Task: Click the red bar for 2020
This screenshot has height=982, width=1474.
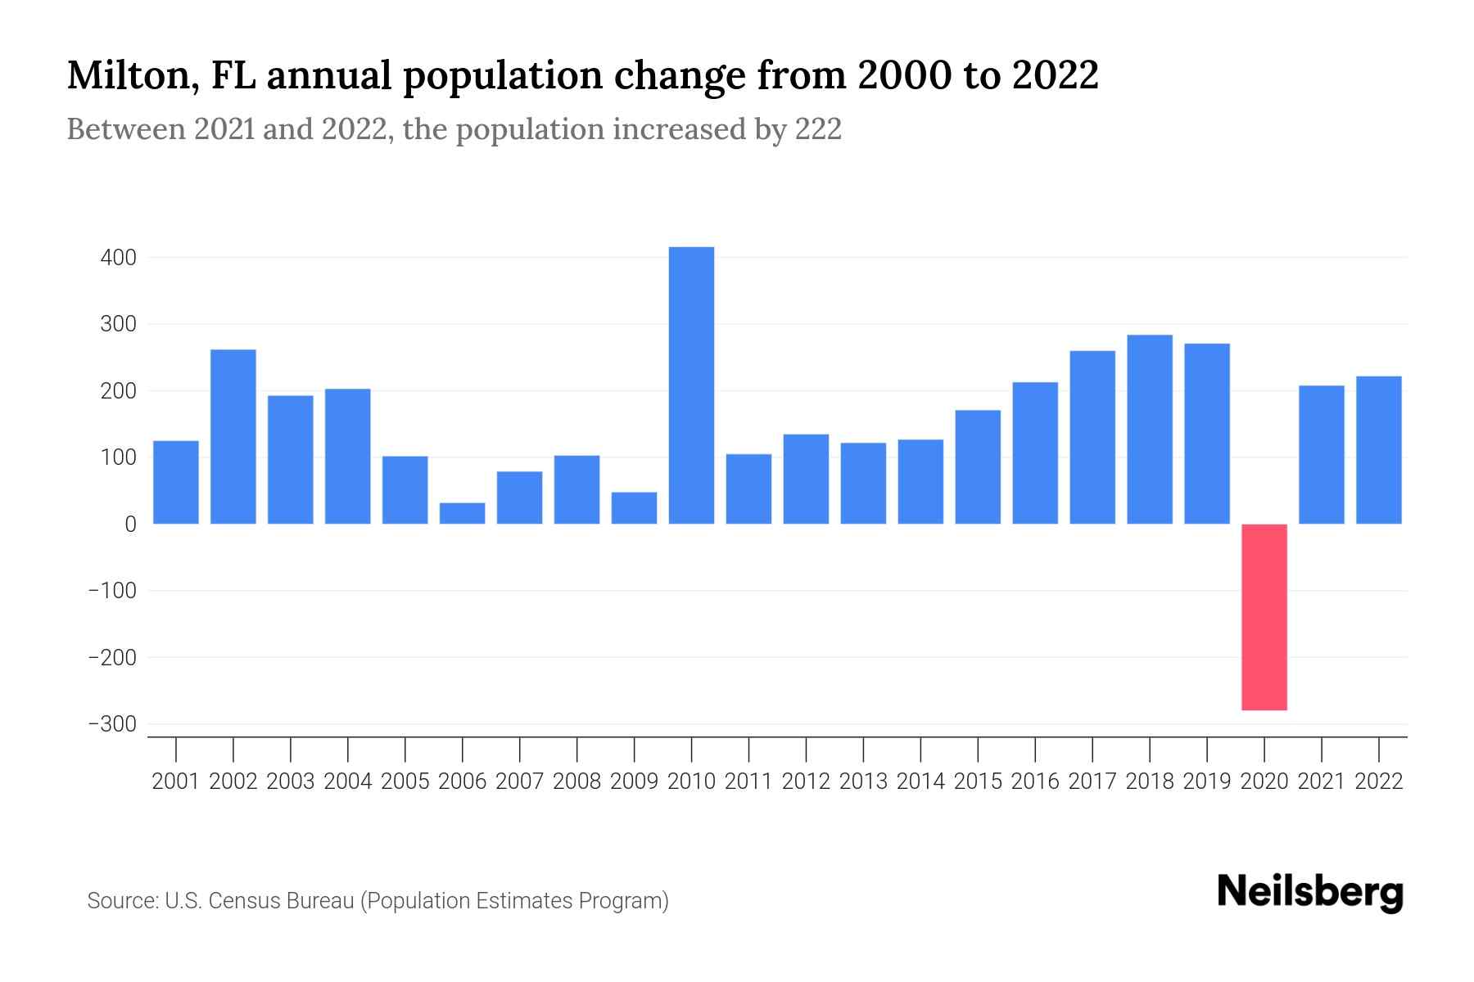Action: point(1264,617)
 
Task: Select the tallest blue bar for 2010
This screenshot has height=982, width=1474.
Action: point(691,385)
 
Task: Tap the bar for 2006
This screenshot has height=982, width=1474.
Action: point(462,513)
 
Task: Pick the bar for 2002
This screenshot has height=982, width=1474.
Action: point(233,437)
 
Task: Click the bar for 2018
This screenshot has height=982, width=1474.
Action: point(1150,430)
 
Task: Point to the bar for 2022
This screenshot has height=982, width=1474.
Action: point(1379,450)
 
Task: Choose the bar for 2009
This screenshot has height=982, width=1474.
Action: point(634,508)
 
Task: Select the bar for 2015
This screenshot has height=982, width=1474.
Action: point(978,467)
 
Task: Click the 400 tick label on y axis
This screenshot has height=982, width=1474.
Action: point(118,258)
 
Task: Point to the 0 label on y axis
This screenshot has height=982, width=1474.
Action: point(130,525)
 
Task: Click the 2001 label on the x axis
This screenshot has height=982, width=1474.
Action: point(176,782)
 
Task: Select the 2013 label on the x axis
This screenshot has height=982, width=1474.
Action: point(863,782)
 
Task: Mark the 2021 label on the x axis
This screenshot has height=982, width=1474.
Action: point(1322,782)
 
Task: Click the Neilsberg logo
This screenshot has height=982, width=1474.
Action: point(1310,893)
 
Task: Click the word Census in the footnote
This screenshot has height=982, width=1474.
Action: point(239,901)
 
